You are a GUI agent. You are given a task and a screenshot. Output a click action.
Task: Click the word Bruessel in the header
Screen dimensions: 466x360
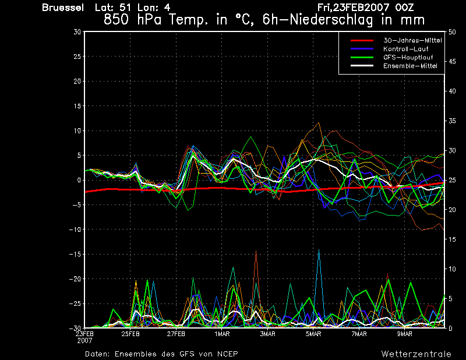click(63, 8)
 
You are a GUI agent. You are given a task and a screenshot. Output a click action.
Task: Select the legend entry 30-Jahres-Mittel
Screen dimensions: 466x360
click(412, 40)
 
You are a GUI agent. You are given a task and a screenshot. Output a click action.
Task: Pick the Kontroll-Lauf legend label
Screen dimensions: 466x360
click(405, 49)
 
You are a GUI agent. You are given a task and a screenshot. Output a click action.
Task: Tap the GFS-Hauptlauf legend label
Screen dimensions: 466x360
click(408, 57)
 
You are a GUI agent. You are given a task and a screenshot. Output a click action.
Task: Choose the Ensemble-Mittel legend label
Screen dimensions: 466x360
click(410, 66)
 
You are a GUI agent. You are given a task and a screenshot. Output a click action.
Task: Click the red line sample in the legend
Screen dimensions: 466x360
click(362, 40)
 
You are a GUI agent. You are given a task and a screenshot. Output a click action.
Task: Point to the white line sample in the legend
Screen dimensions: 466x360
click(362, 66)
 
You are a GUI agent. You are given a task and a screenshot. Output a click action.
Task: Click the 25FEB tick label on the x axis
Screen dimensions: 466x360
click(130, 334)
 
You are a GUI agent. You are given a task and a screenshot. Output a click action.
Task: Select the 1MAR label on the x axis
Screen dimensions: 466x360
click(222, 334)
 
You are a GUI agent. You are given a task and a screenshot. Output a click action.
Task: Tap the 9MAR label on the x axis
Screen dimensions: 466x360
click(405, 334)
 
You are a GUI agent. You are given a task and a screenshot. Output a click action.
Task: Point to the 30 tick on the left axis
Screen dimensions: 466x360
click(77, 32)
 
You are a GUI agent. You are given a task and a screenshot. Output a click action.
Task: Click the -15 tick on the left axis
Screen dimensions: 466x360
click(75, 254)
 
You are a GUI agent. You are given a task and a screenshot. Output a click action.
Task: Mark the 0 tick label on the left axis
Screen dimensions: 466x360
click(79, 180)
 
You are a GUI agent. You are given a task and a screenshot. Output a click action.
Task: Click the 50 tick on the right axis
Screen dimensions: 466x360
click(452, 32)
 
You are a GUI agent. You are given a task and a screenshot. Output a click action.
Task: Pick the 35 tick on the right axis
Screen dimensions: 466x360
click(452, 121)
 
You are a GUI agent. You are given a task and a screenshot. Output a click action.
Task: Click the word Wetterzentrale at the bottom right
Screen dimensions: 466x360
click(416, 354)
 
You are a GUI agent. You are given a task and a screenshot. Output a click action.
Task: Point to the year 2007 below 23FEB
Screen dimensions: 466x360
click(84, 341)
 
